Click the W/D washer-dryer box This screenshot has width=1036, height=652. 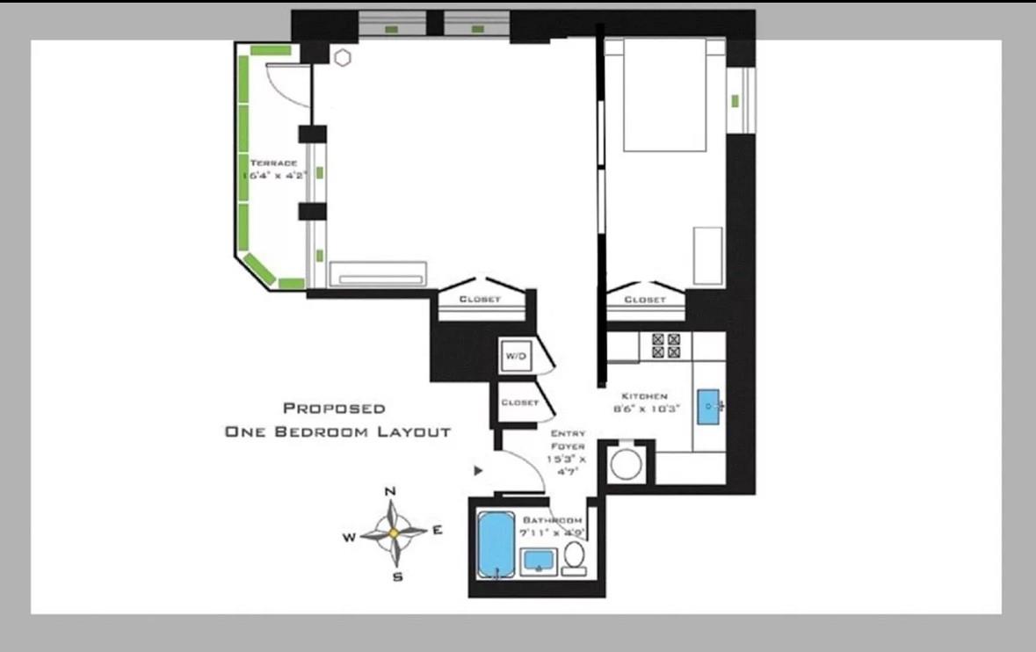(515, 356)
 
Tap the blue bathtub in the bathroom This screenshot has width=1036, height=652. (495, 545)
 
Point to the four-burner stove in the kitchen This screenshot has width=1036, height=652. (665, 345)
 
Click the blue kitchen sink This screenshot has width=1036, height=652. (708, 406)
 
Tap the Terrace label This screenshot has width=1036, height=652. (273, 163)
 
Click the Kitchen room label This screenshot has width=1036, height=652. (646, 396)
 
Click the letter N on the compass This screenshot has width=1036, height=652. (391, 490)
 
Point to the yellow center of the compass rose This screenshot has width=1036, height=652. (394, 532)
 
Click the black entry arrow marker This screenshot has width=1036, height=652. (478, 471)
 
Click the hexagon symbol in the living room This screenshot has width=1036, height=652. (342, 58)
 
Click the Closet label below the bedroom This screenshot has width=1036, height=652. (645, 300)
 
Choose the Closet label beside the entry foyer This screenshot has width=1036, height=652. (519, 402)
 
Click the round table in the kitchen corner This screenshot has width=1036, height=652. (627, 464)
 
